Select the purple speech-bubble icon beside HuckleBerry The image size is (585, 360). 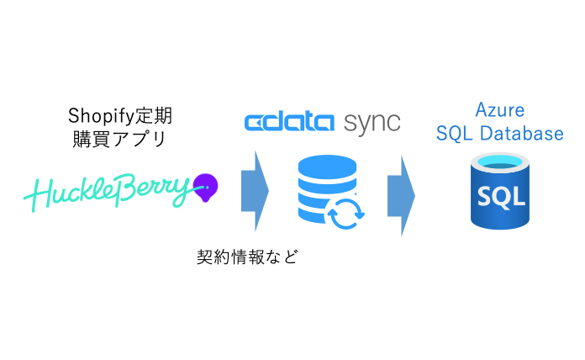click(x=205, y=185)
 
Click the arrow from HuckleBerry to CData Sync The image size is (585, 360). click(x=255, y=191)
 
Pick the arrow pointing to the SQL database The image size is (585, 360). click(x=401, y=191)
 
